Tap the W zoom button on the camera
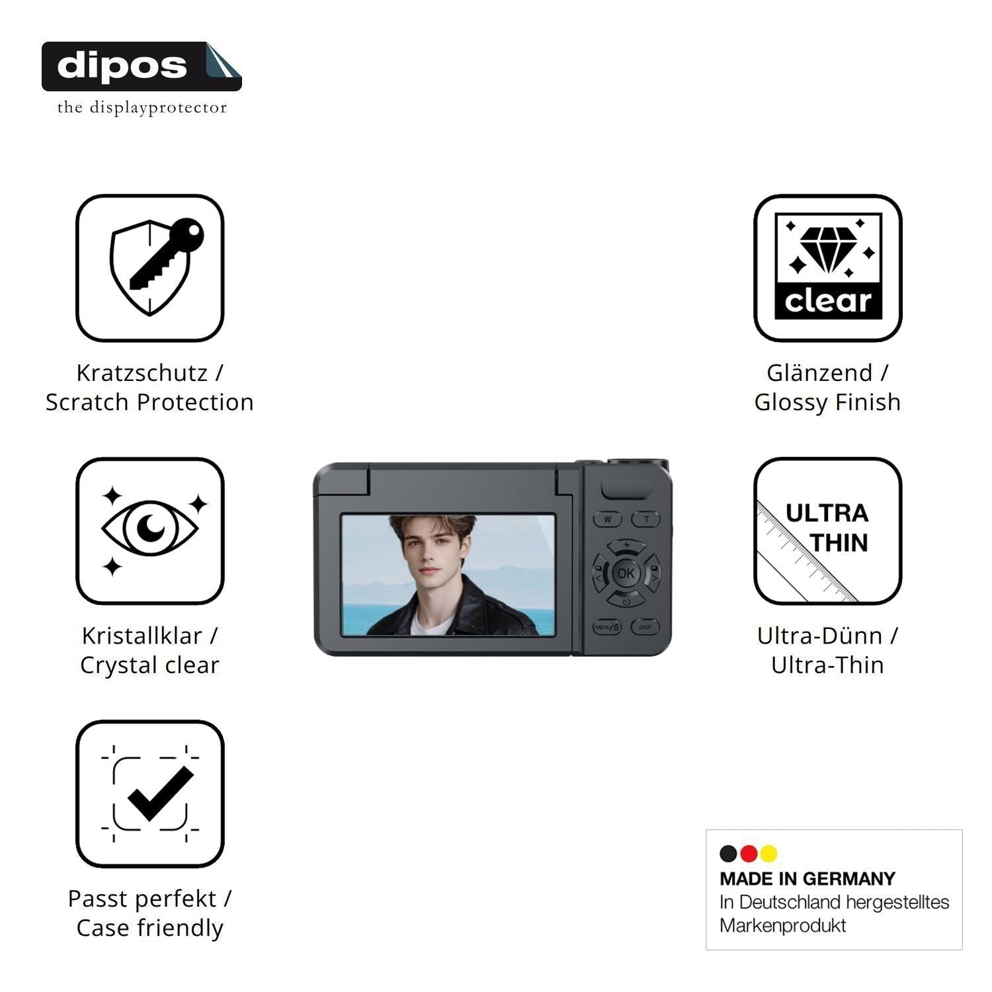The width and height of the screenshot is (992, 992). point(607,519)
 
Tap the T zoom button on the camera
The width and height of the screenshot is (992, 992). point(646,519)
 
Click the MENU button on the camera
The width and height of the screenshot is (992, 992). point(607,627)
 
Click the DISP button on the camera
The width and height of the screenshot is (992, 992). point(645,627)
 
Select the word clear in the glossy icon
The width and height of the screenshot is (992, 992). point(828,302)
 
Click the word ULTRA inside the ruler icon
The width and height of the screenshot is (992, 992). point(827,513)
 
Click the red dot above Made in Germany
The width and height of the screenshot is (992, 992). point(749,854)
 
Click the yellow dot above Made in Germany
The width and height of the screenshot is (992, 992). point(768,854)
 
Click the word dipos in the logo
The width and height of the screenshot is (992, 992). point(122,66)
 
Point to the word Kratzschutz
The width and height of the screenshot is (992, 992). point(142,373)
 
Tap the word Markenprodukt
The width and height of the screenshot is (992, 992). point(782,926)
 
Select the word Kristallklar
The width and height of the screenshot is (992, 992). point(142,636)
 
